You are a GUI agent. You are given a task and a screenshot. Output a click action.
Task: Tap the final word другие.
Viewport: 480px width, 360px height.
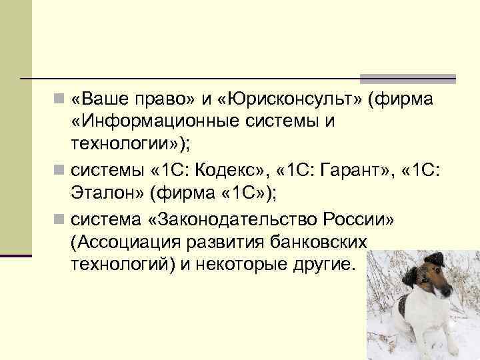click(x=323, y=263)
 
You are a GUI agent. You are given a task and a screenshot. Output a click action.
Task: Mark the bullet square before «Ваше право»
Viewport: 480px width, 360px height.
click(x=61, y=100)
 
